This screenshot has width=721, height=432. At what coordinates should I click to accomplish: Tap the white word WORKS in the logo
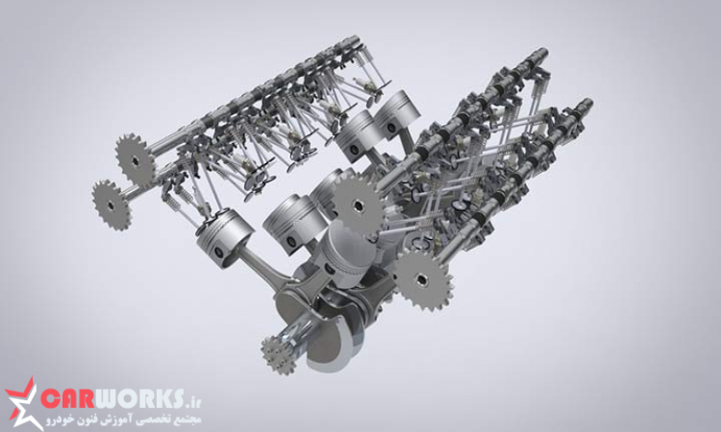[x=138, y=398]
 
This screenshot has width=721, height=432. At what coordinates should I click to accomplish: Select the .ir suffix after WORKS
[x=193, y=402]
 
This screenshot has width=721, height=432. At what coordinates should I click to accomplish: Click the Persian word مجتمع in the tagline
[x=188, y=420]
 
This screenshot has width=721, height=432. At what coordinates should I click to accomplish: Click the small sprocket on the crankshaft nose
[x=279, y=354]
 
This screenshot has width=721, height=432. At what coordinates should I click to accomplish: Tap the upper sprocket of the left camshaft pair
[x=136, y=160]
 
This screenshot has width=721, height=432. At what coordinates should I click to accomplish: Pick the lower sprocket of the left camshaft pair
[x=112, y=205]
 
